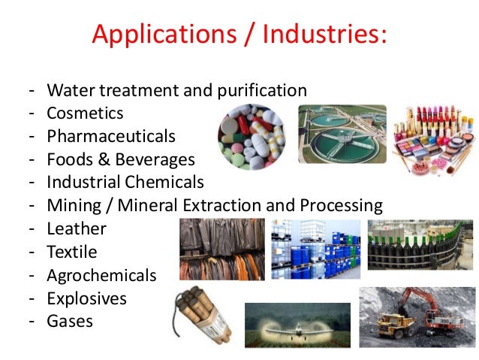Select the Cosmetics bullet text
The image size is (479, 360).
pyautogui.click(x=85, y=113)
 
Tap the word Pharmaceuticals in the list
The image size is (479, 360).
pyautogui.click(x=111, y=137)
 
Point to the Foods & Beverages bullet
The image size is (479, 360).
pyautogui.click(x=120, y=159)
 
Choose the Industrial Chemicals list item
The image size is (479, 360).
pyautogui.click(x=125, y=182)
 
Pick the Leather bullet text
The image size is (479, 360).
pyautogui.click(x=77, y=228)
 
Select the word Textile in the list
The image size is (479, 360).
pyautogui.click(x=72, y=252)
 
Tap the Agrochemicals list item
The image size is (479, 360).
pyautogui.click(x=101, y=275)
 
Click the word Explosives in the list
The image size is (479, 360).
pyautogui.click(x=86, y=298)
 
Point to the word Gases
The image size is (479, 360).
pyautogui.click(x=70, y=321)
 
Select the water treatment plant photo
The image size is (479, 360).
pyautogui.click(x=342, y=134)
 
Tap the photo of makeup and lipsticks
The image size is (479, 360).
pyautogui.click(x=433, y=136)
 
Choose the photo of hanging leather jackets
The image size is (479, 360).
pyautogui.click(x=221, y=249)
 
